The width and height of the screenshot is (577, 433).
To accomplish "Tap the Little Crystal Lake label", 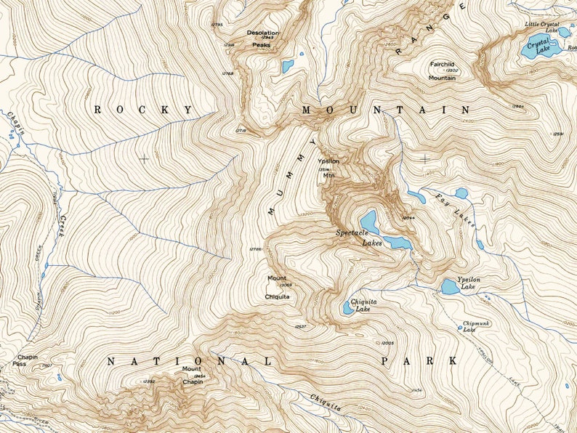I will tap(541, 28).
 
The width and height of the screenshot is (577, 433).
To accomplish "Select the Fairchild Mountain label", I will tap(442, 70).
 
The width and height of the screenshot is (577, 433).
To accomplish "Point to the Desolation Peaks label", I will tap(262, 39).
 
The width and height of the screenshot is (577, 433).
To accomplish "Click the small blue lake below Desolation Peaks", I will tap(288, 66).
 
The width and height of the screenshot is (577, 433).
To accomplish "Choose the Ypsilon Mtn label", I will tap(328, 166).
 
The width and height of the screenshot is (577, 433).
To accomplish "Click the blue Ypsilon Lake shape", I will tap(450, 287).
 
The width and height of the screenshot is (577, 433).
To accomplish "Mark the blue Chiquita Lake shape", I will tap(349, 307).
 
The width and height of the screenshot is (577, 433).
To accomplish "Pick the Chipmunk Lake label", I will tap(474, 326).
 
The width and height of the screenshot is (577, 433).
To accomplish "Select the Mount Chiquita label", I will tap(278, 287).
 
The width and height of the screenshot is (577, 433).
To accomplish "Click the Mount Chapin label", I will tap(193, 375).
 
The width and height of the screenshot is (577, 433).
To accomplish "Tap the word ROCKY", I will tap(143, 110).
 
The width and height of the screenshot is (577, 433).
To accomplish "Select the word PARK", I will tap(419, 360).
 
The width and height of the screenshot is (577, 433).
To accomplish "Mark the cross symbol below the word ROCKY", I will tap(144, 158).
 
